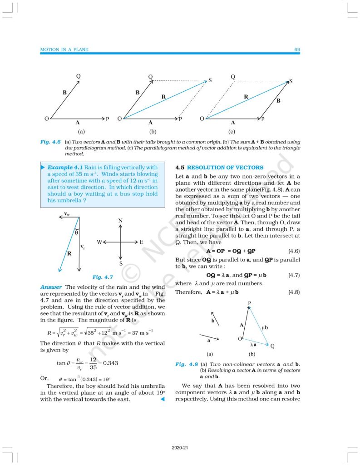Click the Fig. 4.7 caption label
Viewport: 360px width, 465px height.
(x=103, y=277)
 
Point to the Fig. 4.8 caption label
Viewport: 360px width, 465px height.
(x=186, y=365)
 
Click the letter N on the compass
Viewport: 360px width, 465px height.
(x=120, y=221)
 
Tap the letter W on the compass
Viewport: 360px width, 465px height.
(x=99, y=242)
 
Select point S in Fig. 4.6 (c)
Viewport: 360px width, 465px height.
(x=291, y=81)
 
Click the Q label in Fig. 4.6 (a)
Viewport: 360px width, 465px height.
(x=79, y=76)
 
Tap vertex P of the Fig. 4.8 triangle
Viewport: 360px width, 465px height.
(x=250, y=303)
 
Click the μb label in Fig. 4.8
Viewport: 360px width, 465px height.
(x=265, y=327)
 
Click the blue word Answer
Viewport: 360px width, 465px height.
(x=51, y=287)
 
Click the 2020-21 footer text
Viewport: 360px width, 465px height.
(x=180, y=448)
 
